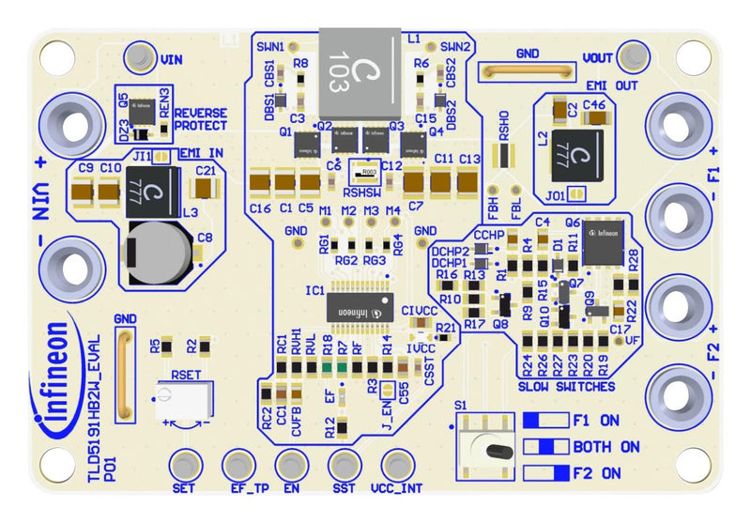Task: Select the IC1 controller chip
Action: click(x=360, y=307)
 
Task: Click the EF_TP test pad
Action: click(x=238, y=464)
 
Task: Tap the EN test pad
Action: click(x=291, y=464)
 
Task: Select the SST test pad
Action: click(x=345, y=464)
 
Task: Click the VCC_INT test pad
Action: click(x=397, y=464)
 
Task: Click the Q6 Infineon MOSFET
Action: click(x=602, y=243)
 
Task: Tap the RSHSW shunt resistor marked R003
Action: click(x=370, y=171)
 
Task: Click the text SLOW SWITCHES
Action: click(x=566, y=386)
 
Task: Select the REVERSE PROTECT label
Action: click(x=200, y=118)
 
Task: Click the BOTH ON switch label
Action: click(x=605, y=446)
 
